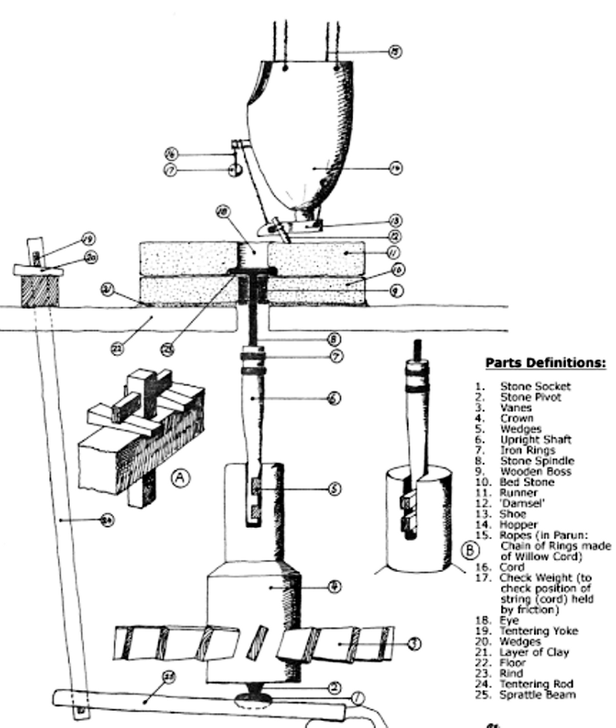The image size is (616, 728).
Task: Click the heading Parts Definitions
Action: (545, 362)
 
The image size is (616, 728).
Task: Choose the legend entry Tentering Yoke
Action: (539, 631)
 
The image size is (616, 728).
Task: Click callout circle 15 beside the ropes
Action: (395, 52)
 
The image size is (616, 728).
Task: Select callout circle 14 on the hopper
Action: (395, 167)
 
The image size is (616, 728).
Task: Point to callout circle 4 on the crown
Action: (334, 587)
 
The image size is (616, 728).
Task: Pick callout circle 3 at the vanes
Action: (415, 643)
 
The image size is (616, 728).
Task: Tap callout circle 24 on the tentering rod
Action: (108, 519)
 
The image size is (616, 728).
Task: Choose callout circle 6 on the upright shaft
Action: (334, 398)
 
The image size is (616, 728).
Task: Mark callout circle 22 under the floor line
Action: (119, 348)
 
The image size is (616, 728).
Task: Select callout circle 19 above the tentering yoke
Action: (88, 240)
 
